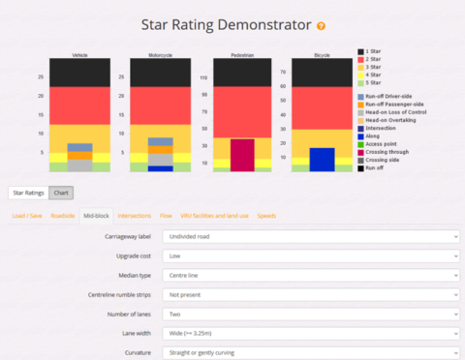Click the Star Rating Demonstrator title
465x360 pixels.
tap(226, 24)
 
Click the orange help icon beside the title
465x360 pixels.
tap(321, 26)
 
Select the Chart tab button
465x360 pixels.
tap(60, 194)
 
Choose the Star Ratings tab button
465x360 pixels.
tap(27, 194)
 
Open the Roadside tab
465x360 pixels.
tap(63, 215)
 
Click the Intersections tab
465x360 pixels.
tap(134, 215)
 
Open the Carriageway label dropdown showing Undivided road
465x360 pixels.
tap(311, 236)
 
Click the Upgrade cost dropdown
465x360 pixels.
tap(311, 255)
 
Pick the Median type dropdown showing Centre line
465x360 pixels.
tap(311, 275)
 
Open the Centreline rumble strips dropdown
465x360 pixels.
tap(311, 294)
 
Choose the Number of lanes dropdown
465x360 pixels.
tap(311, 314)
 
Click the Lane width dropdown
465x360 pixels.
tap(311, 333)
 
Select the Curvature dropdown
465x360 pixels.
tap(311, 352)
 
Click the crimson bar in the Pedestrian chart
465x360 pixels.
tap(242, 155)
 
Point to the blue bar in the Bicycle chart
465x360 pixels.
tap(322, 160)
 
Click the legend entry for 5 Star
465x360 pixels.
tap(378, 82)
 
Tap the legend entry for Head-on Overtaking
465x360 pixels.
tap(393, 120)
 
